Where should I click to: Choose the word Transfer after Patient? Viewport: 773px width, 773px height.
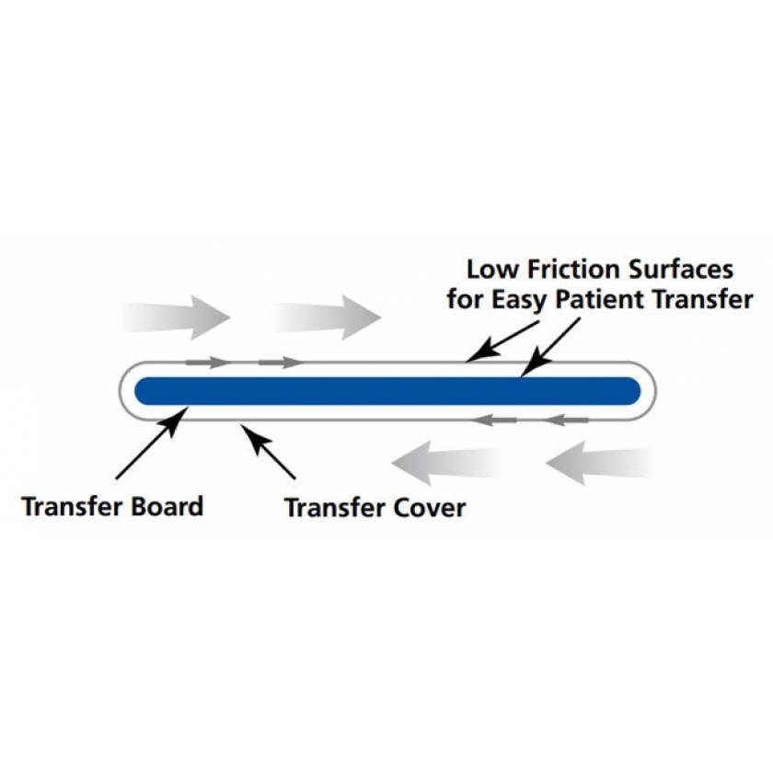tap(705, 300)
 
